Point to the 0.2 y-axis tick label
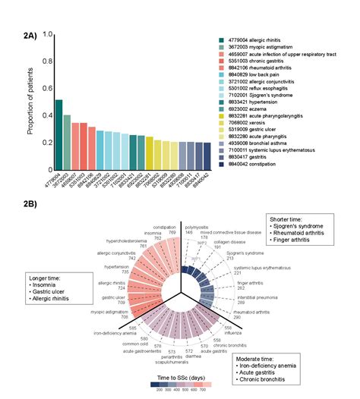(46, 143)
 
